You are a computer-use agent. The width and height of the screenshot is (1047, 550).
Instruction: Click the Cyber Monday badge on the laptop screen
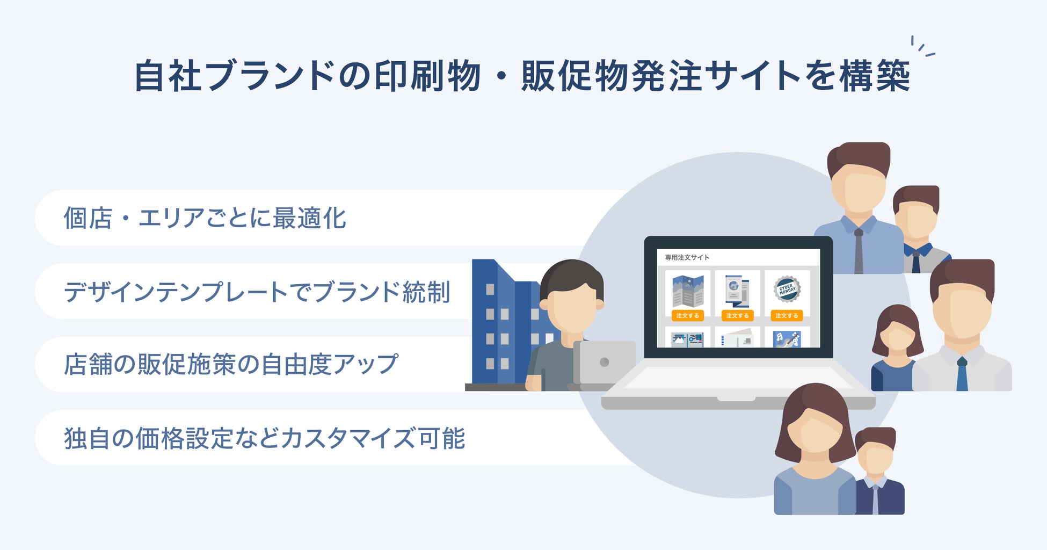[x=787, y=289]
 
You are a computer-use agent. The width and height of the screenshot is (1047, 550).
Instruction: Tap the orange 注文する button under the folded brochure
[x=687, y=316]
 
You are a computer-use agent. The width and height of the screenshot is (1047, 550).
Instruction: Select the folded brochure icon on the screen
[x=688, y=291]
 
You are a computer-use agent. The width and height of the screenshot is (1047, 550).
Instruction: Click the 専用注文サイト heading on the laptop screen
[x=687, y=257]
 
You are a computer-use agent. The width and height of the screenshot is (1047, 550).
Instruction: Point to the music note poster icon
[x=787, y=339]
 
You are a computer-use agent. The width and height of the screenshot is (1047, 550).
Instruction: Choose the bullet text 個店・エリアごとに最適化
[x=205, y=218]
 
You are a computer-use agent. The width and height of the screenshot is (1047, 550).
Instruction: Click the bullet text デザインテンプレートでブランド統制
[x=257, y=292]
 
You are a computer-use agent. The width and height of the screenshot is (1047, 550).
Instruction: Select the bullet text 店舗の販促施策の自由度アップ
[x=231, y=365]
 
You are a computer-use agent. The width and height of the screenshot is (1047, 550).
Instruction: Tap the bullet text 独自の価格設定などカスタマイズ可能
[x=264, y=438]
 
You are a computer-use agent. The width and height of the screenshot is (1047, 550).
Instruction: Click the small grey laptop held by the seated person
[x=604, y=363]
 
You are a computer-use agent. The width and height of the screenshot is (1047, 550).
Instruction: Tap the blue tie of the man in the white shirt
[x=962, y=374]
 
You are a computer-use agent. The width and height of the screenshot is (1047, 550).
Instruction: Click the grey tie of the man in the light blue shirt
[x=859, y=251]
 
